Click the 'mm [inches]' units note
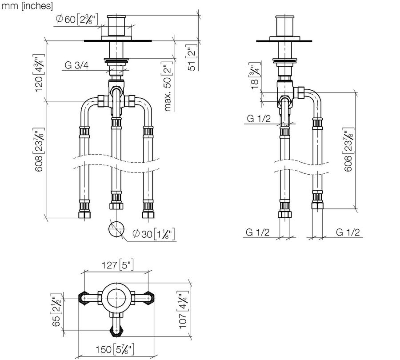click(27, 6)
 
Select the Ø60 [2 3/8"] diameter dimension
click(77, 19)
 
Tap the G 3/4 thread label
click(76, 65)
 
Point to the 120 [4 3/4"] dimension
click(39, 73)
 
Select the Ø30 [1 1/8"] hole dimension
click(154, 234)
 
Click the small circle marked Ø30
click(116, 229)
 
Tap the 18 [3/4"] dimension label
click(255, 76)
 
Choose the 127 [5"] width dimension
click(118, 265)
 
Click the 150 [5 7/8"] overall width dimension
click(115, 349)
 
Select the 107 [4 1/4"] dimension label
click(183, 310)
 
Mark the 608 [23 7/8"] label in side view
click(348, 150)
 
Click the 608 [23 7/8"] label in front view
click(39, 150)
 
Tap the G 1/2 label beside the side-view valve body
click(259, 119)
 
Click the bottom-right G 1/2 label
click(348, 232)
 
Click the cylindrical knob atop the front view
click(116, 25)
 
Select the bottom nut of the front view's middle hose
click(116, 206)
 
